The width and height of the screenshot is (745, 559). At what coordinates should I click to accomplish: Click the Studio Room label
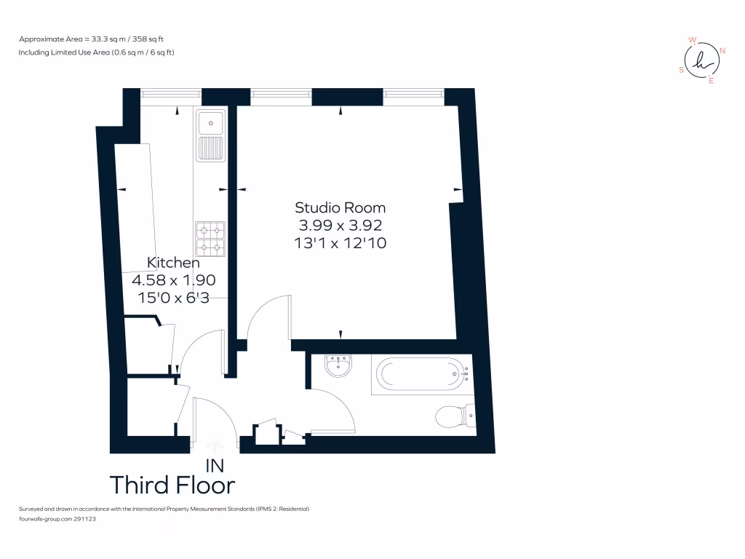(340, 208)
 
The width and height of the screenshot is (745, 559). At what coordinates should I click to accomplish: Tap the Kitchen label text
(173, 262)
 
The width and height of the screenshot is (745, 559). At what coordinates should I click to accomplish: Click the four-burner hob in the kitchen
(210, 239)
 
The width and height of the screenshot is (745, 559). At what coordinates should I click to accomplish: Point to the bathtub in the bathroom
(421, 375)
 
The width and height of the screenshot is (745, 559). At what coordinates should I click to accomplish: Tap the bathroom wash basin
(338, 365)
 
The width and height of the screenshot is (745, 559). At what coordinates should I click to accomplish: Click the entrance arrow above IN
(215, 445)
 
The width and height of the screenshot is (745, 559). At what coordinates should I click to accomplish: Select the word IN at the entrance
(215, 465)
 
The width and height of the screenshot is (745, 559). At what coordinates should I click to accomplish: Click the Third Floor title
(172, 485)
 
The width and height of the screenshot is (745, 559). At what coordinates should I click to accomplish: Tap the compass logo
(702, 60)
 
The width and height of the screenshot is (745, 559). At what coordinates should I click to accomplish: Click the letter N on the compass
(722, 50)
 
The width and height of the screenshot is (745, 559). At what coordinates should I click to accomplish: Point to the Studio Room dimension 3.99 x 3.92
(340, 226)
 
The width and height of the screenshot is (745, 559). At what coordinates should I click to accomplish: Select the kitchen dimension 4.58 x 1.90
(173, 279)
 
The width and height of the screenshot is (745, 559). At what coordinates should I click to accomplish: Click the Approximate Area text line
(96, 39)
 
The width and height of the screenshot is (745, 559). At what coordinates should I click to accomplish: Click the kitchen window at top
(170, 93)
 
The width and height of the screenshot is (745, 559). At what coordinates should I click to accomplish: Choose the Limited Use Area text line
(96, 52)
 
